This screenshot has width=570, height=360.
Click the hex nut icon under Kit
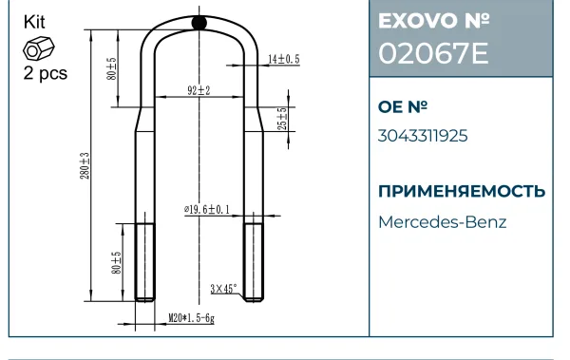39,48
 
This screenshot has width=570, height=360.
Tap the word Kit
34,22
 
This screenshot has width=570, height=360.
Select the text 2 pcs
46,73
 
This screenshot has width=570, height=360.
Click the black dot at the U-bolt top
199,23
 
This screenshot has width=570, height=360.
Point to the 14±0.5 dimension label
284,59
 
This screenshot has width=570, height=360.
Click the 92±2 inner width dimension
199,90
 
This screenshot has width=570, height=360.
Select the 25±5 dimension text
282,119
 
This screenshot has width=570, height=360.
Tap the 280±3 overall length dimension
85,165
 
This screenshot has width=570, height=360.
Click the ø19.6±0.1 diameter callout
207,210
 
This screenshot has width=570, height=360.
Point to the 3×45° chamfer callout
223,289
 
